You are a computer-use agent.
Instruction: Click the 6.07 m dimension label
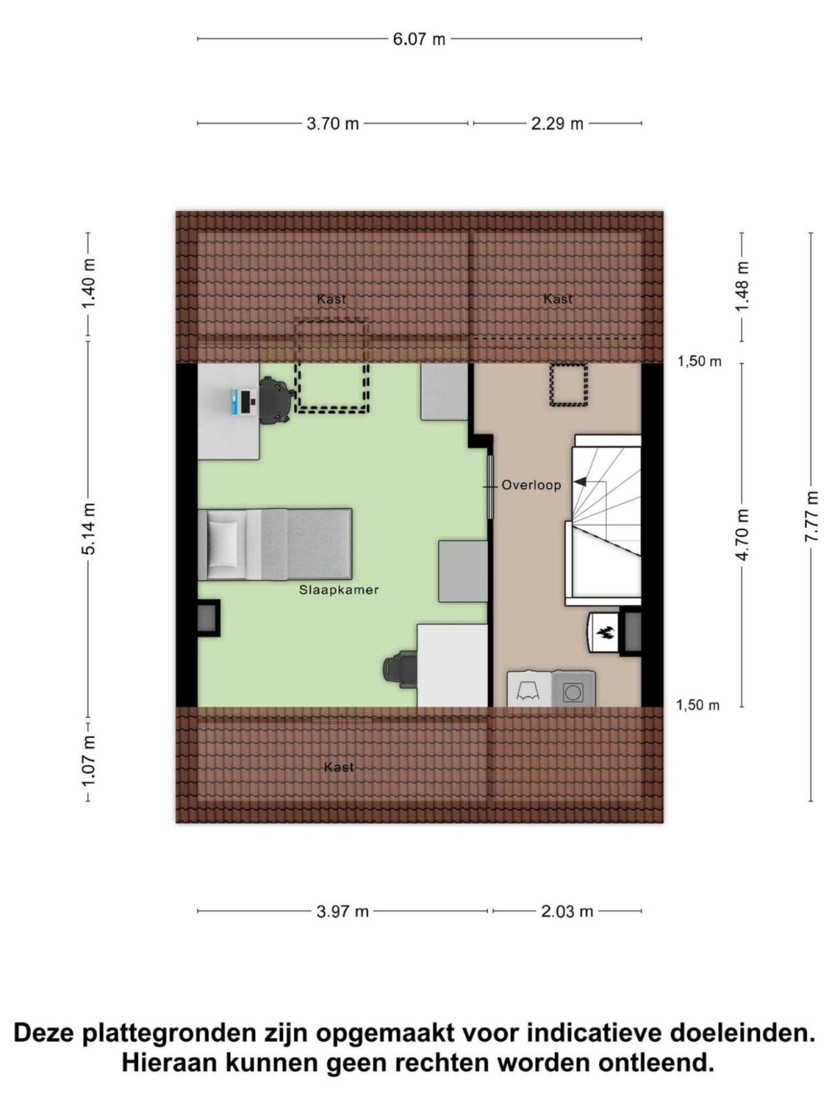click(x=419, y=39)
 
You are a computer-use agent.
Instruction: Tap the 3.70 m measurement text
click(x=332, y=123)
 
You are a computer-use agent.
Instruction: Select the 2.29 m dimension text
click(x=557, y=123)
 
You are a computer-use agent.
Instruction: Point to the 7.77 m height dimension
click(x=811, y=516)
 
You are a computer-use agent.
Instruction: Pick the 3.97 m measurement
click(x=342, y=912)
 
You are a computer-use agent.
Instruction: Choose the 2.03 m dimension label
click(x=566, y=912)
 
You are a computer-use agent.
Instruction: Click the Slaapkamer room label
click(x=338, y=590)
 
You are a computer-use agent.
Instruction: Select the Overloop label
click(x=531, y=485)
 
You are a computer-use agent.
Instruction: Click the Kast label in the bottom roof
click(x=338, y=767)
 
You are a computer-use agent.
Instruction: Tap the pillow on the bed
click(x=223, y=544)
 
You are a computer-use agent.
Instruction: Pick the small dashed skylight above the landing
click(x=569, y=384)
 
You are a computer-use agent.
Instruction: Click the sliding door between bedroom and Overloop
click(x=489, y=486)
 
